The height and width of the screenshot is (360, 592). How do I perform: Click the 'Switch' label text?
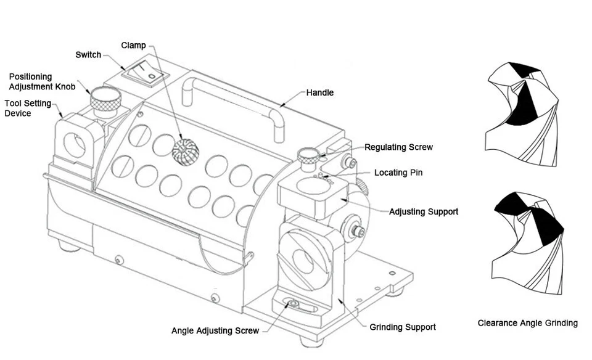pyautogui.click(x=88, y=55)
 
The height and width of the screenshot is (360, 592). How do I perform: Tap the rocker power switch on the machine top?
pyautogui.click(x=145, y=73)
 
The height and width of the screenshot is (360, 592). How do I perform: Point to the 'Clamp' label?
pyautogui.click(x=133, y=45)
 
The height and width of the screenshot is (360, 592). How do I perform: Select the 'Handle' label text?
pyautogui.click(x=320, y=92)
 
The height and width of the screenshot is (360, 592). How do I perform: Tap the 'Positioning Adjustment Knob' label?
pyautogui.click(x=42, y=81)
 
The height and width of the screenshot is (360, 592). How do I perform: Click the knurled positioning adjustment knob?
pyautogui.click(x=105, y=100)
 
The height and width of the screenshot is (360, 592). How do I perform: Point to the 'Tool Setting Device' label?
pyautogui.click(x=28, y=108)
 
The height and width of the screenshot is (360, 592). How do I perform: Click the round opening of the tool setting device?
pyautogui.click(x=75, y=144)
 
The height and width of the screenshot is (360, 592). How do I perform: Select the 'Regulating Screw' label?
pyautogui.click(x=398, y=147)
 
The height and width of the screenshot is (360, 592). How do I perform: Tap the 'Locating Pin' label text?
pyautogui.click(x=398, y=173)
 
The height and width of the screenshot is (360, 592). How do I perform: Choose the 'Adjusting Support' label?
pyautogui.click(x=424, y=211)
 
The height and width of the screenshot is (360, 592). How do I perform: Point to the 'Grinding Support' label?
pyautogui.click(x=403, y=327)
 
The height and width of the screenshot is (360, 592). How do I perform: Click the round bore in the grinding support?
pyautogui.click(x=303, y=260)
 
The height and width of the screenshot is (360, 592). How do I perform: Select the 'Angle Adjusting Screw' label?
pyautogui.click(x=215, y=330)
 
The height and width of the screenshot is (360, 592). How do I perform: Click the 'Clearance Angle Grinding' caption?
pyautogui.click(x=527, y=323)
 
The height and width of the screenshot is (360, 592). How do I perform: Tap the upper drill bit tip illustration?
pyautogui.click(x=522, y=114)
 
